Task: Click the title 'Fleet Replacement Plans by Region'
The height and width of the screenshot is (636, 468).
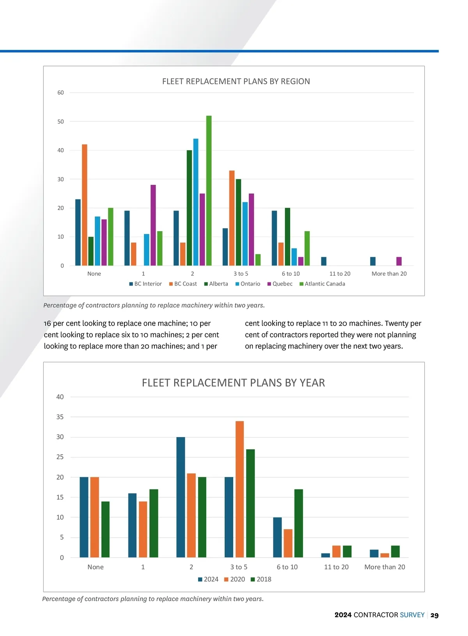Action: pyautogui.click(x=236, y=81)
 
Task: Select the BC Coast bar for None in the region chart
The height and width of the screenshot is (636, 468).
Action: pyautogui.click(x=85, y=205)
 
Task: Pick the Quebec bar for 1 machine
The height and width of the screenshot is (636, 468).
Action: pyautogui.click(x=153, y=225)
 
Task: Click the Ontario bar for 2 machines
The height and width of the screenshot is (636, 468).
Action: pyautogui.click(x=196, y=202)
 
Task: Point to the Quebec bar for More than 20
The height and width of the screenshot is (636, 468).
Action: pyautogui.click(x=399, y=261)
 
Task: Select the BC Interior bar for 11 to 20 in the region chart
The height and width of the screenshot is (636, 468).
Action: pyautogui.click(x=324, y=261)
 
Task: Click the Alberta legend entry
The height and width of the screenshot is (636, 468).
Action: pyautogui.click(x=216, y=284)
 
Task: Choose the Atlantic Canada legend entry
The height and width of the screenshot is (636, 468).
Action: pyautogui.click(x=322, y=284)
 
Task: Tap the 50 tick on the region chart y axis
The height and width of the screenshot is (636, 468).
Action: pyautogui.click(x=60, y=122)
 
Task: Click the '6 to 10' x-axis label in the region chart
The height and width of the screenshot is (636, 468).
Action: pyautogui.click(x=291, y=274)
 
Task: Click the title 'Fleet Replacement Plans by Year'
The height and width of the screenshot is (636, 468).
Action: pyautogui.click(x=233, y=383)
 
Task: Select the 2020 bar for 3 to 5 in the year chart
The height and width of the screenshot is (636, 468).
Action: pyautogui.click(x=239, y=489)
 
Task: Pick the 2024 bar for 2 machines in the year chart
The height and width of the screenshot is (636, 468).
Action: pyautogui.click(x=181, y=497)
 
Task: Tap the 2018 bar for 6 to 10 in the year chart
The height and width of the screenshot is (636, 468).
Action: pyautogui.click(x=298, y=523)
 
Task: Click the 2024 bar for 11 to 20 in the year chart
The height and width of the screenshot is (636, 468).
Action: pyautogui.click(x=326, y=555)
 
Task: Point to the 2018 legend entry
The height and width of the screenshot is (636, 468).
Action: pyautogui.click(x=261, y=579)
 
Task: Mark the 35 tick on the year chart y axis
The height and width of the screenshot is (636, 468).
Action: pyautogui.click(x=60, y=417)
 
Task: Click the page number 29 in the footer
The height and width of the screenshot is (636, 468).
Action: pyautogui.click(x=434, y=615)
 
